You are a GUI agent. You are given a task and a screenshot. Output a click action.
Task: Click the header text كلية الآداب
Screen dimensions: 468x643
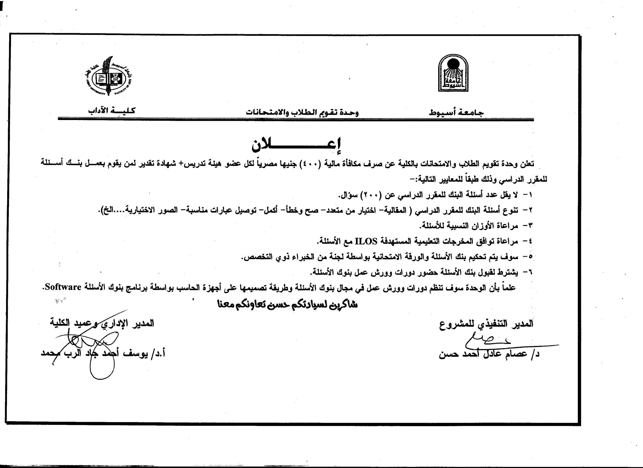point(112,110)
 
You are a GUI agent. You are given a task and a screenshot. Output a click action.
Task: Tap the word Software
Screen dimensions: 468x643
point(63,287)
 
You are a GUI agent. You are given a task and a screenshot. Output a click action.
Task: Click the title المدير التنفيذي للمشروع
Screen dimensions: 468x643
point(486,324)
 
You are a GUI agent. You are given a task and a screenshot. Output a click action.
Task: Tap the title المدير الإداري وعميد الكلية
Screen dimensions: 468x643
point(102,323)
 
